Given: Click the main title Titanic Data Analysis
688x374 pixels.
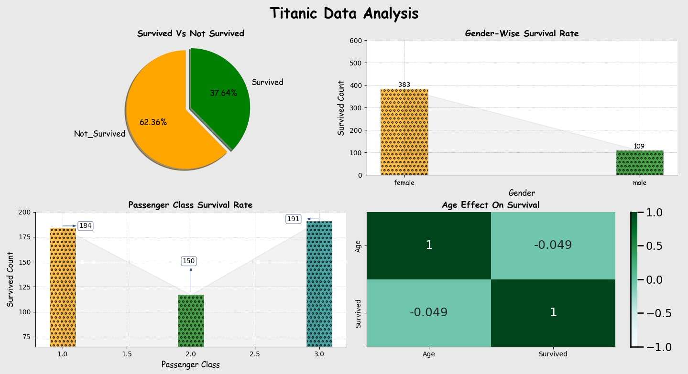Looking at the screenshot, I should tap(344, 14).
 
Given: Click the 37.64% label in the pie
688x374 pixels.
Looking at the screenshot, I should tap(223, 93).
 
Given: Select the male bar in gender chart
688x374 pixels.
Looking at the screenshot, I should tap(639, 163).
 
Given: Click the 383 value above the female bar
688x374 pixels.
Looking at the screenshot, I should tap(404, 85).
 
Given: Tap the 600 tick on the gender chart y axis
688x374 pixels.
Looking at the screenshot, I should tap(356, 41).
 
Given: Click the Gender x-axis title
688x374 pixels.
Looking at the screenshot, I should tap(522, 193).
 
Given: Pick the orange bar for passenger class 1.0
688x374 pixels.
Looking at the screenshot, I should tap(63, 287).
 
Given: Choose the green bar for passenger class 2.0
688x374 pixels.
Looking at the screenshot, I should tap(191, 321).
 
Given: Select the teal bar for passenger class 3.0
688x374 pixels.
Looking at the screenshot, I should tap(319, 284).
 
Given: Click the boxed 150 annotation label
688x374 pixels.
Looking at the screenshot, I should tap(189, 261).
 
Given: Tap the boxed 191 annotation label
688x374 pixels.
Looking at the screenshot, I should tap(293, 219).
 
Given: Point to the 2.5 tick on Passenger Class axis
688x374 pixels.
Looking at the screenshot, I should tap(255, 354).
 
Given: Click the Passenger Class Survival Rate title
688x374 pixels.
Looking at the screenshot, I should tap(190, 205).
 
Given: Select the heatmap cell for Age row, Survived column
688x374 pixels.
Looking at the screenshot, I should tap(553, 245).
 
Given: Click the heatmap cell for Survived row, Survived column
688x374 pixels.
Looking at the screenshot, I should tap(553, 312).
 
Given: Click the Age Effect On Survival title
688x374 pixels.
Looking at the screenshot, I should tap(491, 205).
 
